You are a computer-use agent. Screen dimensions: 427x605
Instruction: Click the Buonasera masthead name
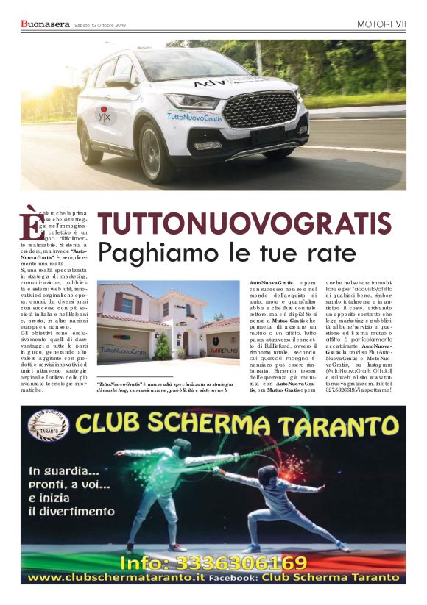46,24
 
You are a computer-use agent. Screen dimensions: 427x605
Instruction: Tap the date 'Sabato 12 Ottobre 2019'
100,26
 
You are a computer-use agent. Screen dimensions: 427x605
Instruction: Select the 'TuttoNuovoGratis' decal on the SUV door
191,115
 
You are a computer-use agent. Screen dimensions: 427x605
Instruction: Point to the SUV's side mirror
121,80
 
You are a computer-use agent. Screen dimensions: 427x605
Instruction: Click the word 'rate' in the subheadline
330,254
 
